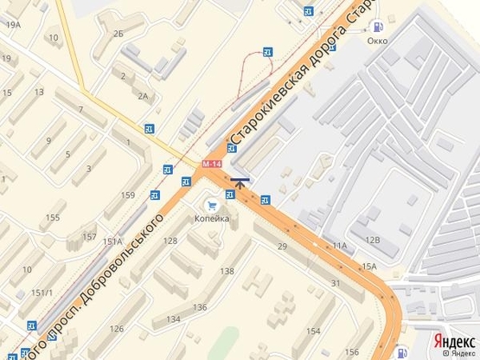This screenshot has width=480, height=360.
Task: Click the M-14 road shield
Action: [x=212, y=163]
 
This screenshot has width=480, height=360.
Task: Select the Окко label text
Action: [x=377, y=40]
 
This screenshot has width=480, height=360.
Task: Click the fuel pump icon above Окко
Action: [x=376, y=27]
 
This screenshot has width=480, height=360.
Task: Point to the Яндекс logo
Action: [x=454, y=341]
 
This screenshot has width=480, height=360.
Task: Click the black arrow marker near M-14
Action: [x=240, y=182]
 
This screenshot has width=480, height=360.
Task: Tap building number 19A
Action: [x=12, y=25]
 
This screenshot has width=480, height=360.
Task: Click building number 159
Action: [x=128, y=196]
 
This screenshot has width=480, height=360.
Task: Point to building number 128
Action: [x=170, y=241]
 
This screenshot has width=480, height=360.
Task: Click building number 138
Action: [x=227, y=271]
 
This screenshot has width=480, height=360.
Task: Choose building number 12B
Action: [x=372, y=240]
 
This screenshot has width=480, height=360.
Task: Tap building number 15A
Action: [x=369, y=266]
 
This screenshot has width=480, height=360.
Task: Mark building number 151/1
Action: [x=42, y=292]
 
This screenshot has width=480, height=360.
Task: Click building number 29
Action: [x=282, y=247]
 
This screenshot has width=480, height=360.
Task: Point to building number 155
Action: [x=54, y=216]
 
